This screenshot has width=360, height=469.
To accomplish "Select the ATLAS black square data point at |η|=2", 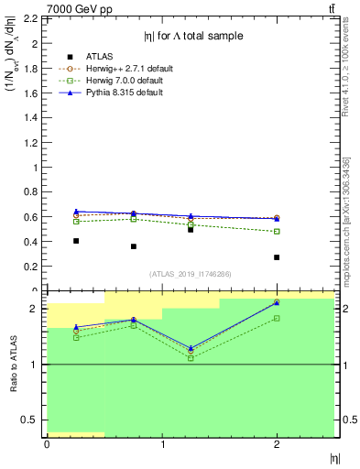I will [277, 257].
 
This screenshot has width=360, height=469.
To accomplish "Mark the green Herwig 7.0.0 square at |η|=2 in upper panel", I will [277, 231].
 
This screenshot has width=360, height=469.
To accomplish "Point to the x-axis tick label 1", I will [162, 444].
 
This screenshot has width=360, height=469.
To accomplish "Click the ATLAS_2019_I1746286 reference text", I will [191, 274].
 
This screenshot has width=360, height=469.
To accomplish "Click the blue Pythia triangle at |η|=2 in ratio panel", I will [277, 302].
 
